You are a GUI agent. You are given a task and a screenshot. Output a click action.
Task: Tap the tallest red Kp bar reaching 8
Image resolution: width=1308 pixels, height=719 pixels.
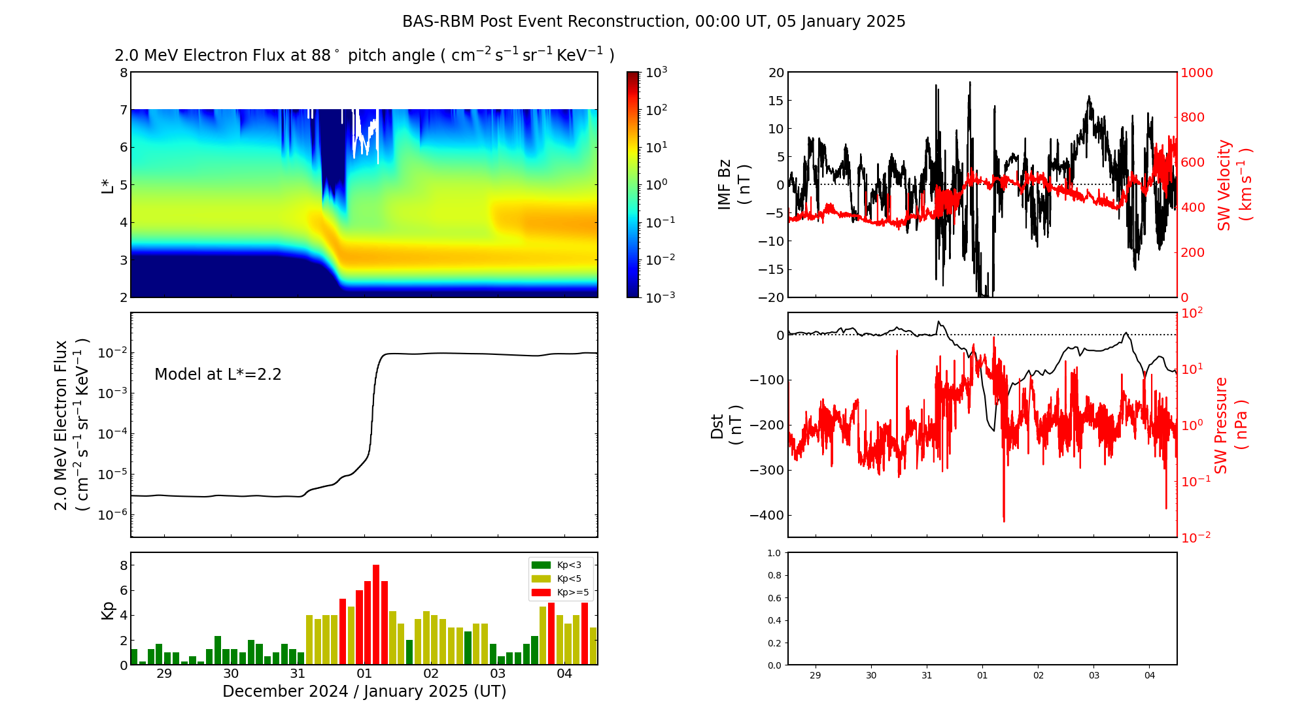[376, 614]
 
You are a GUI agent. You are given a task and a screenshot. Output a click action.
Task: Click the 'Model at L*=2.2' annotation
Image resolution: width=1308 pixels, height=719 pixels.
[218, 375]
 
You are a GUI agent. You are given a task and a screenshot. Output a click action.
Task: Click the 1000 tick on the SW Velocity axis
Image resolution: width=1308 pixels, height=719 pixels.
[1197, 73]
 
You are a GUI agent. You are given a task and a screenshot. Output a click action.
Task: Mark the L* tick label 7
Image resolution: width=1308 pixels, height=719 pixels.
[123, 110]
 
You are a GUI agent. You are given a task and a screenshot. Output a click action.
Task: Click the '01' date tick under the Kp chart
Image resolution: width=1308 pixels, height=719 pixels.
[364, 674]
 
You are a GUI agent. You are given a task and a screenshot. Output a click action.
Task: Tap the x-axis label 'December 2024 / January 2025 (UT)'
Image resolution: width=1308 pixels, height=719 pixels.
[364, 692]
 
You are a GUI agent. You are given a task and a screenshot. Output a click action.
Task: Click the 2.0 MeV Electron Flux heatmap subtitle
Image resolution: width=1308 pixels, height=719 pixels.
[364, 56]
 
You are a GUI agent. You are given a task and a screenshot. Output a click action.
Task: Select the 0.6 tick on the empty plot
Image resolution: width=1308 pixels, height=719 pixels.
[774, 598]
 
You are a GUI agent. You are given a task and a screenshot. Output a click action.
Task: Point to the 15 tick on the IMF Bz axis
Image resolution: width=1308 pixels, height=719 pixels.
[776, 101]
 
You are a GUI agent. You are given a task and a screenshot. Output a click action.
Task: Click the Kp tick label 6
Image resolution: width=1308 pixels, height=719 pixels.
[123, 590]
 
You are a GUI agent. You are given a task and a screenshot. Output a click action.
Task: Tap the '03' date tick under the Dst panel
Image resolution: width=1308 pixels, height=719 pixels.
[1094, 675]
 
